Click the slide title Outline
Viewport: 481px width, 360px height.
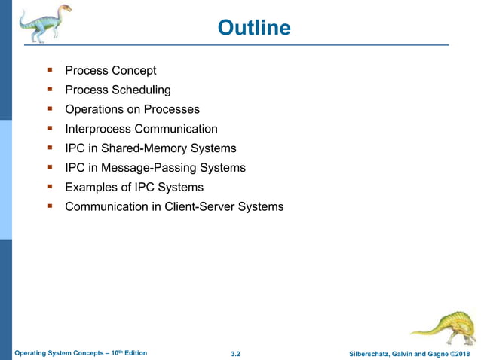[x=253, y=28]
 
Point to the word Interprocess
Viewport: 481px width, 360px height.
[x=98, y=130]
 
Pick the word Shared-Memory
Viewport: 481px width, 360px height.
[x=145, y=148]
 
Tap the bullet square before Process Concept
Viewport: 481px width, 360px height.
[x=49, y=70]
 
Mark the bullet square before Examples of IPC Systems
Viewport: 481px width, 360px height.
[x=49, y=187]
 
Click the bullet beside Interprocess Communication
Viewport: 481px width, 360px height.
[x=49, y=129]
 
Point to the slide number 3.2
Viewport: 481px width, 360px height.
[x=236, y=353]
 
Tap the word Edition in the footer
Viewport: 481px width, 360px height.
[x=133, y=353]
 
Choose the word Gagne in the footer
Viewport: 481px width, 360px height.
[x=433, y=353]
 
